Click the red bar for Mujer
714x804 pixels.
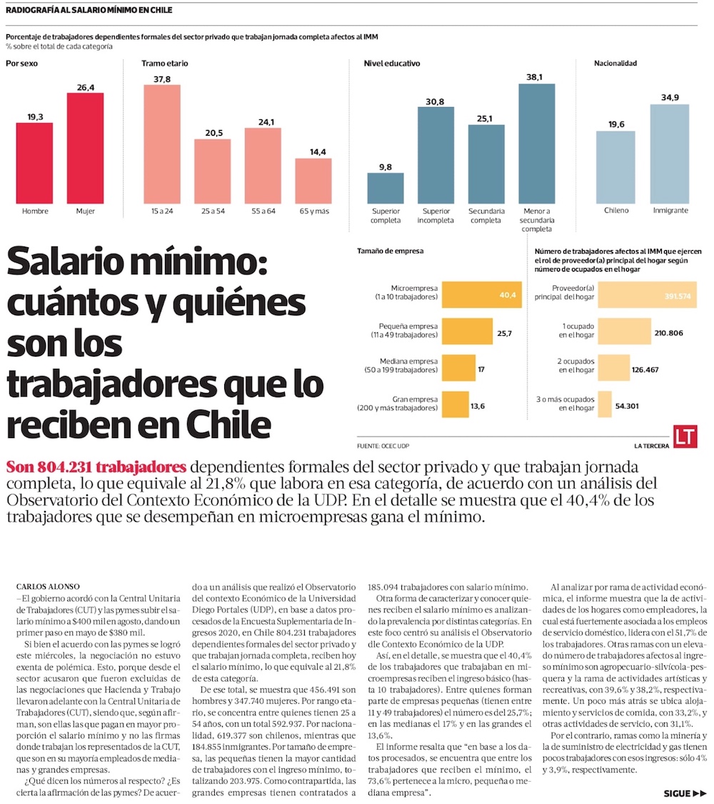point(86,148)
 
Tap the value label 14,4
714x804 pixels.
point(313,152)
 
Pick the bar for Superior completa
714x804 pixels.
point(386,188)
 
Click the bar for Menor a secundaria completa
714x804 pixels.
point(537,144)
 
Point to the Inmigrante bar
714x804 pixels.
point(670,154)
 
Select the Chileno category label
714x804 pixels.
point(615,211)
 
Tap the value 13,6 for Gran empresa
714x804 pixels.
point(478,406)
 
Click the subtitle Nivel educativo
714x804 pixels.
point(392,64)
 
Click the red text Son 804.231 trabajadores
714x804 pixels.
point(96,467)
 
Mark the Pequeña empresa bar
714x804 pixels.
point(466,332)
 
